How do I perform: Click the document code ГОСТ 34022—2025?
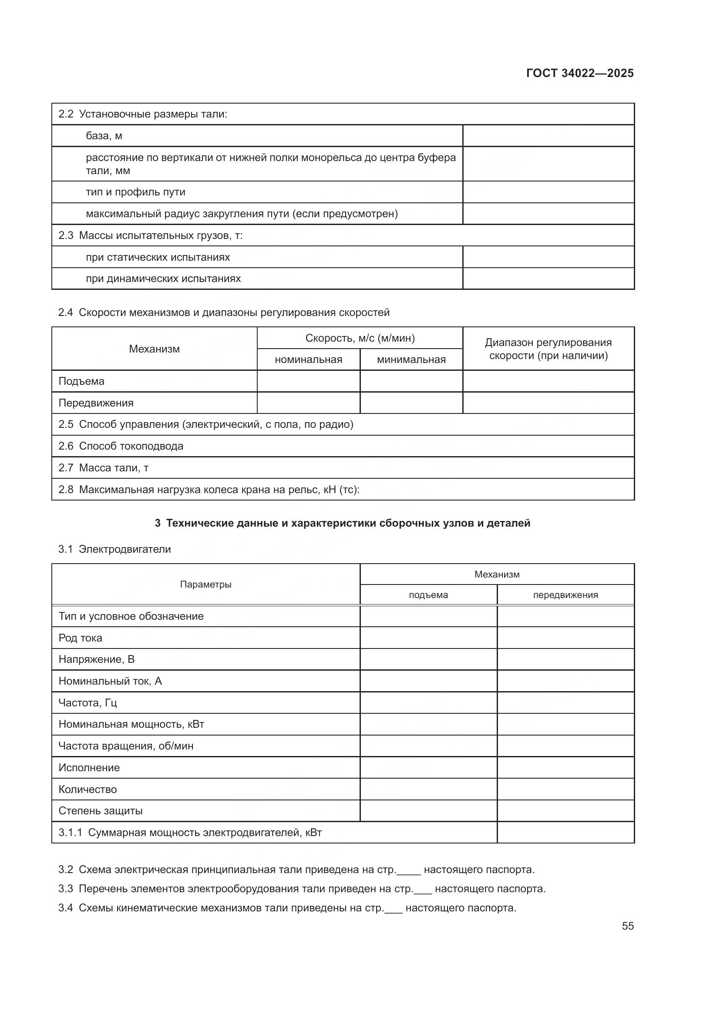579,73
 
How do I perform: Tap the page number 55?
627,926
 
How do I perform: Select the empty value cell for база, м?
548,136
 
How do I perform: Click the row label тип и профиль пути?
136,192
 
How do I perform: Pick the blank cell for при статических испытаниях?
548,257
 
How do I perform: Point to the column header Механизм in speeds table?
154,349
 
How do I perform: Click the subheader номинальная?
309,359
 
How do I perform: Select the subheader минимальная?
411,359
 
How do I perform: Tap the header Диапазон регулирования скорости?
548,349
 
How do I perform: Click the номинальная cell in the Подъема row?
309,381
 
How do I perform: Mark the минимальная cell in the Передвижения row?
411,403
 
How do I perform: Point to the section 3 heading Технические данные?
342,523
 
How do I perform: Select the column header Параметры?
206,585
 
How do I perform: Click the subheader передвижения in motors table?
565,595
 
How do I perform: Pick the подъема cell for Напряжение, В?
428,659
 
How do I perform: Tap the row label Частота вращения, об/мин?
126,746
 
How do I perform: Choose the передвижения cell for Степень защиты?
565,811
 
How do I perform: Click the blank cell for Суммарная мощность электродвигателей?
565,833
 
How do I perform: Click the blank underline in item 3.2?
408,870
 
